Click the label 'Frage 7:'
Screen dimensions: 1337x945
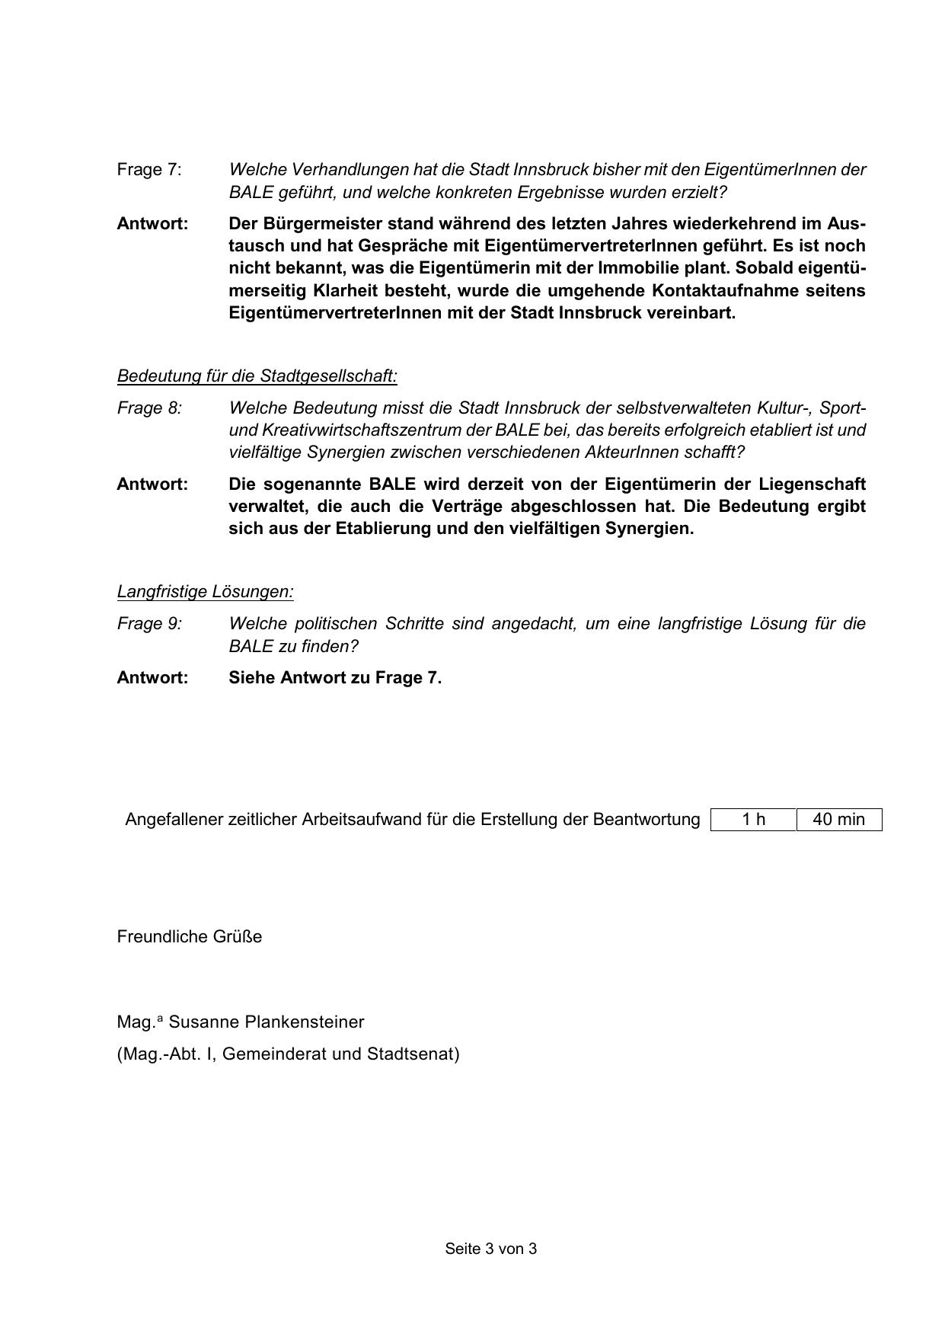coord(149,170)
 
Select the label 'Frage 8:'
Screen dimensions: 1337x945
coord(149,408)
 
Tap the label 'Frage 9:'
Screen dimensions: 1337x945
coord(149,624)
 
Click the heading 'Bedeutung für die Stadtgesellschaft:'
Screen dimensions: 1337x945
coord(257,376)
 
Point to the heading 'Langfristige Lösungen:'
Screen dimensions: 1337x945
coord(205,592)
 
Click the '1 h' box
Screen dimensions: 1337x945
coord(753,820)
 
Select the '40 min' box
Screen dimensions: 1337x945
coord(838,820)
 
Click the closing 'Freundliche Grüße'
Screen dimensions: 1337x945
coord(189,937)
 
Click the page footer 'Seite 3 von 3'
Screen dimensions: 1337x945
coord(490,1249)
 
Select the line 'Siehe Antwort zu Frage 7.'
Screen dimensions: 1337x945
coord(335,678)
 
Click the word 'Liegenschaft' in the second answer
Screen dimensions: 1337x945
coord(812,485)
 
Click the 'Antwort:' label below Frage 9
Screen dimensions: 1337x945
coord(152,678)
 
